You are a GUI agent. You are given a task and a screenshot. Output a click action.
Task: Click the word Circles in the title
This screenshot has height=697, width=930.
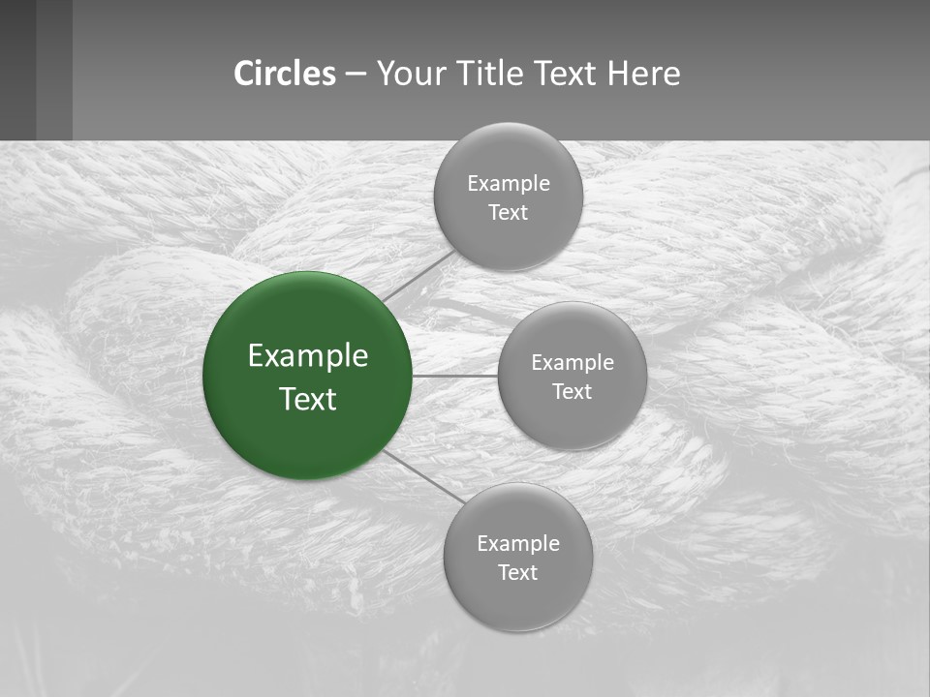(x=285, y=74)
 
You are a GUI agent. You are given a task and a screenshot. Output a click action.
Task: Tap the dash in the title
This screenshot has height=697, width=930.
(x=355, y=75)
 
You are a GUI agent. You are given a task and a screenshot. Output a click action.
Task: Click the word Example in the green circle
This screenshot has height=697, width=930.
(x=308, y=355)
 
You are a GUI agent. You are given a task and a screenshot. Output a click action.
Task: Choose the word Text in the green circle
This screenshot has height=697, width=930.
(x=308, y=399)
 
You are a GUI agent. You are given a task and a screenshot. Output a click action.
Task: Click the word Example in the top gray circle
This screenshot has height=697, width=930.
(x=509, y=184)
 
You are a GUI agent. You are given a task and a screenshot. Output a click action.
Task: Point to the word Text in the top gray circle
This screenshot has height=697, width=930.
(x=508, y=213)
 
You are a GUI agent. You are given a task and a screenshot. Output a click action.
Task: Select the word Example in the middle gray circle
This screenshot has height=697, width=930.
(x=573, y=363)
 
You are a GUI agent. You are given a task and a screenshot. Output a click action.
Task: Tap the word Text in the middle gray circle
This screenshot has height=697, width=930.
(x=572, y=392)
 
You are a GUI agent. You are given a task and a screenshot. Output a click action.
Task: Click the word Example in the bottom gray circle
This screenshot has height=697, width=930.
(x=518, y=544)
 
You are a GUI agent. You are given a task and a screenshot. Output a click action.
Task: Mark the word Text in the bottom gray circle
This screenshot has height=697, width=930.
(x=517, y=573)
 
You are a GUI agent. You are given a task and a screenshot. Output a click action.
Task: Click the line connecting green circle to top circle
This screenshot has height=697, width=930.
(x=418, y=276)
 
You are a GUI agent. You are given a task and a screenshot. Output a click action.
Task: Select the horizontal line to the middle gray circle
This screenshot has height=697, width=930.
(x=455, y=376)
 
